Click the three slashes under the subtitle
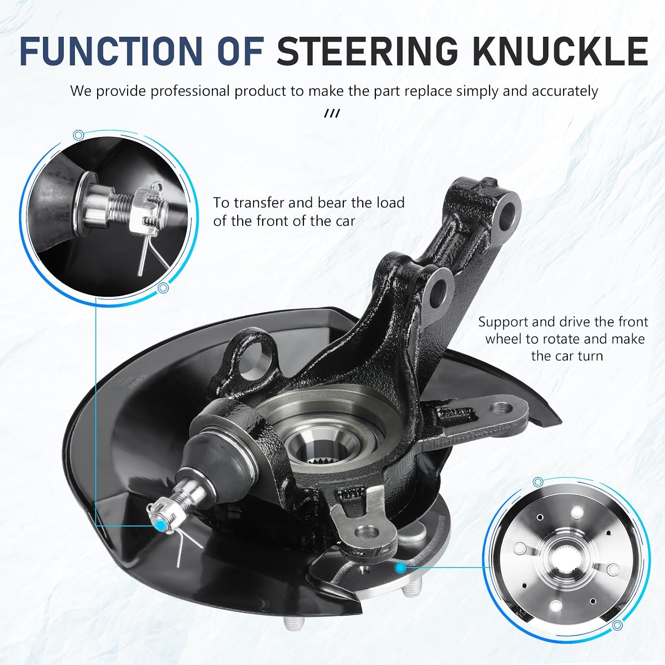tap(332, 114)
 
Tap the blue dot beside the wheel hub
tap(401, 567)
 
